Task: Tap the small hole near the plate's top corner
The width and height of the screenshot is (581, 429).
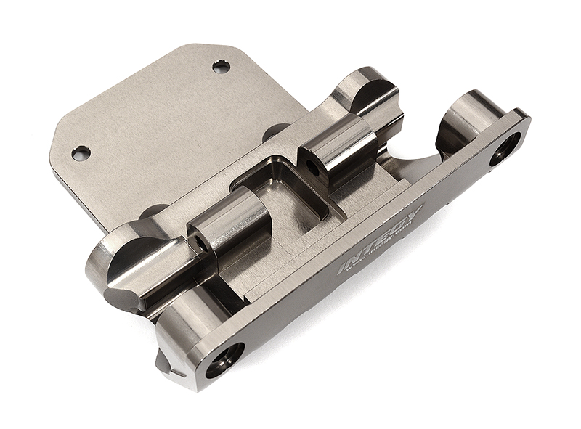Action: [221, 67]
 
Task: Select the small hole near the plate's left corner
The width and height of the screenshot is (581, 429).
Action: [81, 152]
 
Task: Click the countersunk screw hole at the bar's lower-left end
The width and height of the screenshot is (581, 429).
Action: [224, 359]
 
